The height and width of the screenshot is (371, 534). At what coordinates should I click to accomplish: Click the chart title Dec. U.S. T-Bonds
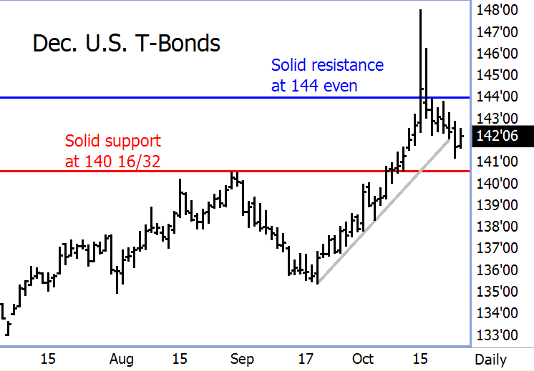click(127, 44)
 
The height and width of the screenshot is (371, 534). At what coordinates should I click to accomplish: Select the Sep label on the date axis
click(243, 359)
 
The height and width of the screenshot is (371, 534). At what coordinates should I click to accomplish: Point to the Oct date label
click(363, 359)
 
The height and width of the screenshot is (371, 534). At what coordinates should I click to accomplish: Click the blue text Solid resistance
click(327, 65)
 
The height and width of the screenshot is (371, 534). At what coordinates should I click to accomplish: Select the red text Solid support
click(113, 141)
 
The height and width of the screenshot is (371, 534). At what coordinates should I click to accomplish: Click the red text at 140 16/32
click(112, 162)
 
